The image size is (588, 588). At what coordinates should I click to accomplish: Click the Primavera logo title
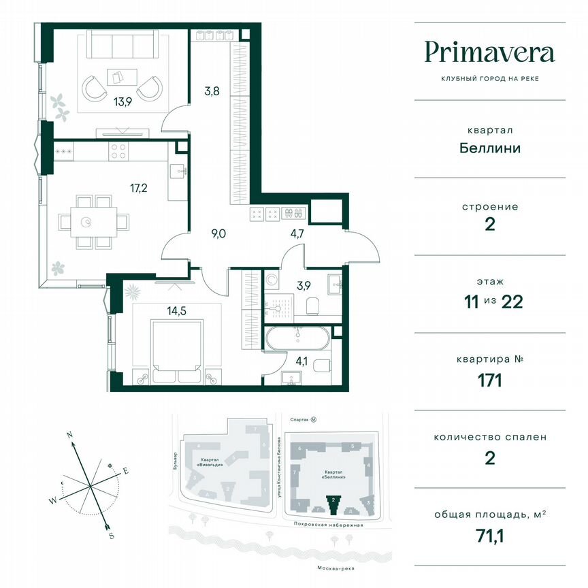click(x=489, y=52)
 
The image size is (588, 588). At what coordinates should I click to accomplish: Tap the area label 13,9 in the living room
click(x=123, y=103)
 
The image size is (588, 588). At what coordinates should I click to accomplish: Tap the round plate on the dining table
click(x=87, y=222)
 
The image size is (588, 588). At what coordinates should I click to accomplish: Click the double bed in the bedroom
click(x=177, y=348)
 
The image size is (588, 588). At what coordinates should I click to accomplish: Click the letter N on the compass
click(x=69, y=434)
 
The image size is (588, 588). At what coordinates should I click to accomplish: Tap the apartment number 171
click(x=489, y=380)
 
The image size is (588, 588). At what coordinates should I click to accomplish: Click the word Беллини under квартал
click(x=489, y=148)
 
